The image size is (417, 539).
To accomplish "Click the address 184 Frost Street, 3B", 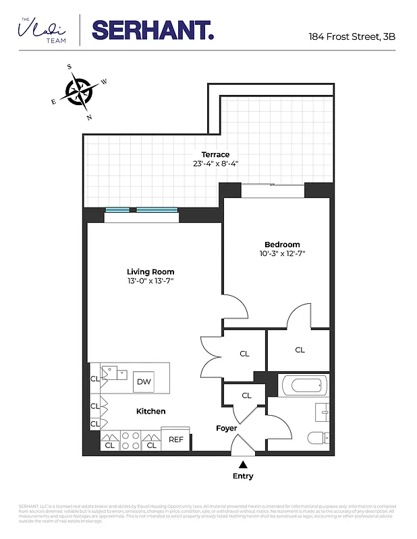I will [352, 36].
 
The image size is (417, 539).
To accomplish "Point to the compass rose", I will [80, 92].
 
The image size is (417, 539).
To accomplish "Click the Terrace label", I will [215, 154].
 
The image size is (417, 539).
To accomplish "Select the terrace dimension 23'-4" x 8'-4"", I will [215, 164].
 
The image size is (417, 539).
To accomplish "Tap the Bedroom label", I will [282, 245].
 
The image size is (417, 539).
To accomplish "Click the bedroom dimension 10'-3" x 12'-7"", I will [282, 254].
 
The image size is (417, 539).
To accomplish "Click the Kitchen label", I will [150, 411].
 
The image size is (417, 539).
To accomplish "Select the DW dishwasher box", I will [143, 381].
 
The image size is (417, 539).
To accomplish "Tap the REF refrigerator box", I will [176, 439].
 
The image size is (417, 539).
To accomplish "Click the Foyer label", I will [226, 429].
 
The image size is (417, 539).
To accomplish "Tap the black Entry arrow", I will [243, 464].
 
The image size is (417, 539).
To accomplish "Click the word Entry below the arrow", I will [243, 476].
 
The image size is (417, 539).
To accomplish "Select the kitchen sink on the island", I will [109, 373].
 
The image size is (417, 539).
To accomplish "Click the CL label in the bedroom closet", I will [300, 350].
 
